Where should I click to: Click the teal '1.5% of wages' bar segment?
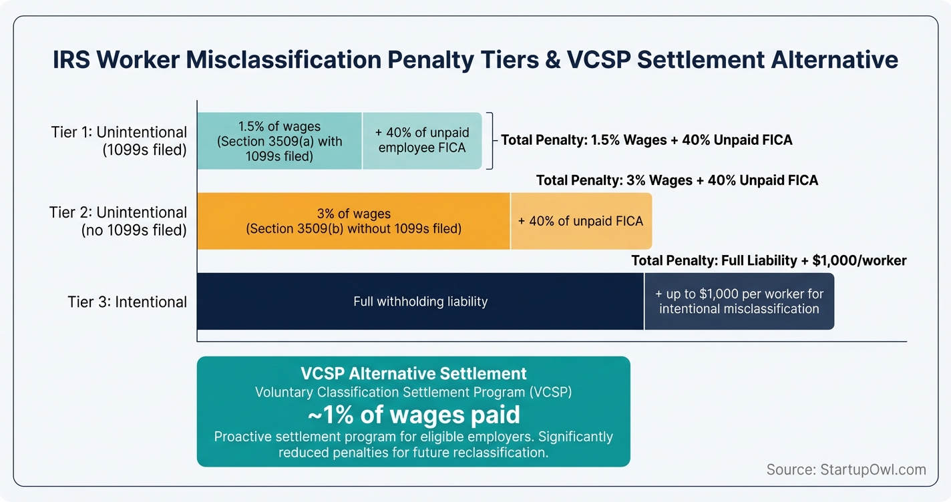tap(279, 141)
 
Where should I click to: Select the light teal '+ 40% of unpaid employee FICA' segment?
tap(421, 141)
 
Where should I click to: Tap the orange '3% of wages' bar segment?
tap(353, 221)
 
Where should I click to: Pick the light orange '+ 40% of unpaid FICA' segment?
tap(580, 221)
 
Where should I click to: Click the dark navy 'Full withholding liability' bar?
tap(420, 301)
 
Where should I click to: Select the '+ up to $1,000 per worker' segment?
tap(739, 301)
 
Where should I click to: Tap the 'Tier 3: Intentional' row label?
tap(127, 302)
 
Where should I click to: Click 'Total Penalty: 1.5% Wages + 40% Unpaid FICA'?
tap(646, 140)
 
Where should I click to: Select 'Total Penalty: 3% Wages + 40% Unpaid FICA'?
tap(677, 180)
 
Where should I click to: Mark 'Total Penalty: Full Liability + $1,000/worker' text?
tap(769, 260)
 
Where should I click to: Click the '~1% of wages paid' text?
tap(413, 415)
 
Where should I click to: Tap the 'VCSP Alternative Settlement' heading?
tap(413, 374)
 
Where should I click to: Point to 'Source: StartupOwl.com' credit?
tap(846, 469)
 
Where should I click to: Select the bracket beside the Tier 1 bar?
tap(490, 141)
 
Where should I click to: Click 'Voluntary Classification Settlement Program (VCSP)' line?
tap(413, 393)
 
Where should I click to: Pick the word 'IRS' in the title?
tap(71, 60)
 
